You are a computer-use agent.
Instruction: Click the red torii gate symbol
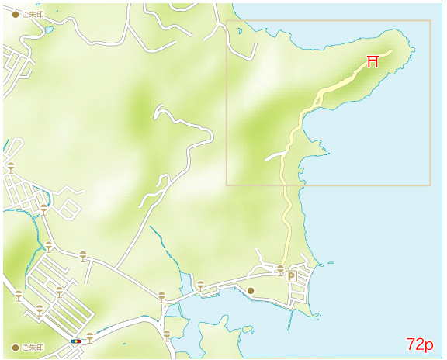pos(372,61)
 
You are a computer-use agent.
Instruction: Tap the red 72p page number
pos(420,344)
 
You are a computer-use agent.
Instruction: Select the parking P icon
pos(292,276)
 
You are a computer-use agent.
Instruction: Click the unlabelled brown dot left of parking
pos(251,291)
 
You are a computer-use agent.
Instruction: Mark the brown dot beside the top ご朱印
pos(16,15)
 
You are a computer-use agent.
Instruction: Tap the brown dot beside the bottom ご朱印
pos(16,347)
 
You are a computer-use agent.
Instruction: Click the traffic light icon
pos(76,341)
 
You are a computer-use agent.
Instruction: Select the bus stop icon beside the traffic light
pos(91,337)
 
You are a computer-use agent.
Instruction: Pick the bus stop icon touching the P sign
pos(280,269)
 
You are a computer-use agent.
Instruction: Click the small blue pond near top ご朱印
pos(49,30)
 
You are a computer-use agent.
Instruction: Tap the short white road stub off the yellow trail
pos(273,157)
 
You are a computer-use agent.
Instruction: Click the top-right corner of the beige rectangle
pos(430,21)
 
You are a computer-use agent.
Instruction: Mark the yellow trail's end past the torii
pos(391,51)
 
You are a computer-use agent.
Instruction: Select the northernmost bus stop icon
pos(11,167)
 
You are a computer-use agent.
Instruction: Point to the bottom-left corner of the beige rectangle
pos(227,185)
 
